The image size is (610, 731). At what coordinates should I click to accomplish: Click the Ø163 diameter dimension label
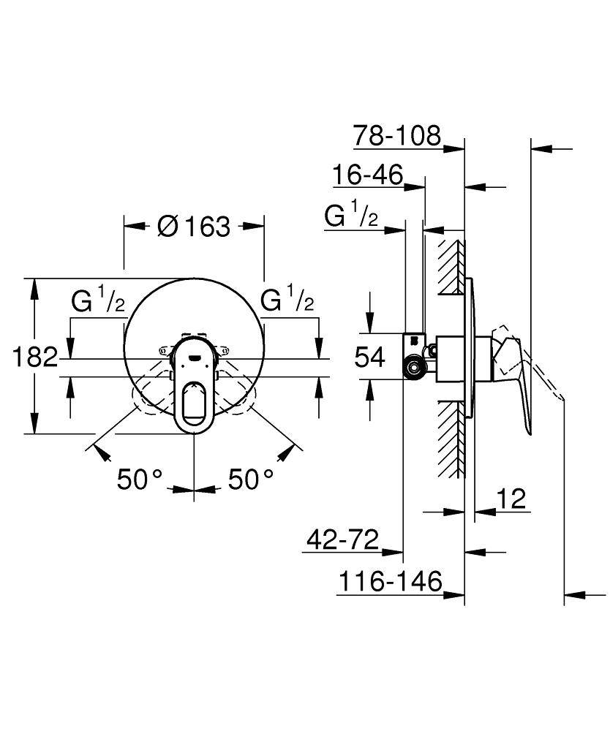[x=194, y=227]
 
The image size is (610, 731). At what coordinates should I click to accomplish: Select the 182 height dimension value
[x=34, y=357]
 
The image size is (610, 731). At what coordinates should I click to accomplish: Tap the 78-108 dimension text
[x=397, y=136]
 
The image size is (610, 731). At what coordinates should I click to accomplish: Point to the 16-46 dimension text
[x=377, y=175]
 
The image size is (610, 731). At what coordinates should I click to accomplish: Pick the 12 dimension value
[x=511, y=499]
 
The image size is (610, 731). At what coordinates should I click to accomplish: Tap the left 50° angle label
[x=140, y=480]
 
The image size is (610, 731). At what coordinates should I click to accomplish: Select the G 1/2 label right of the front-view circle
[x=288, y=300]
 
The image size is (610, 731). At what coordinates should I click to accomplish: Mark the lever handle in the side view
[x=519, y=380]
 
